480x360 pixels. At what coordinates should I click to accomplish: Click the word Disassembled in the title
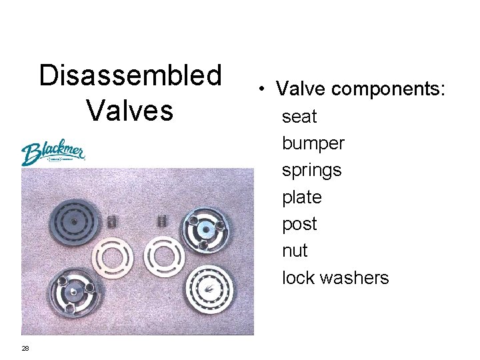130,76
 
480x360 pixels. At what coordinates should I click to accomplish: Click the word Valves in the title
129,110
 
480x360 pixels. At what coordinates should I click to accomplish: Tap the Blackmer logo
53,153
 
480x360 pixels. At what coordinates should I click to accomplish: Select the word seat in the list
299,117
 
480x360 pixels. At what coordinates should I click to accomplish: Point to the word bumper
313,143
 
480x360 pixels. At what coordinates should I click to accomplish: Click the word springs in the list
311,171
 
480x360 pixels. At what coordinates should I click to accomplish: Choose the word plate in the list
302,197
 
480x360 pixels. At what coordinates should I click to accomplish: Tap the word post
299,224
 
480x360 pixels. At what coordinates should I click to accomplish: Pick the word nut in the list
295,251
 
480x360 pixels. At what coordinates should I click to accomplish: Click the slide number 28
25,348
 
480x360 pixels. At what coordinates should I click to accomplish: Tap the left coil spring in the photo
112,220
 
